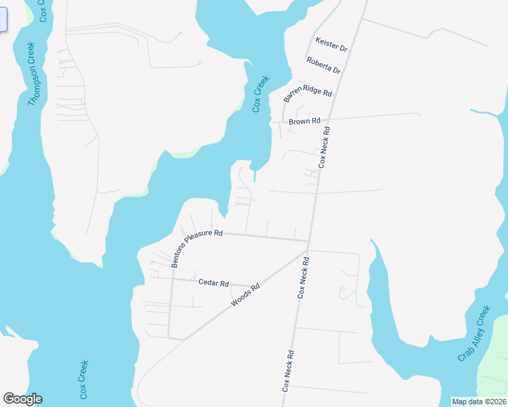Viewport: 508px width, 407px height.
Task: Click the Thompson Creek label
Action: point(35,75)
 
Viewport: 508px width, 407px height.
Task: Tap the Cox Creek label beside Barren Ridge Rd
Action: point(260,94)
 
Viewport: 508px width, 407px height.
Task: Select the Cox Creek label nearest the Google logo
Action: point(84,380)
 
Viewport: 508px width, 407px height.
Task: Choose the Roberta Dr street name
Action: point(323,65)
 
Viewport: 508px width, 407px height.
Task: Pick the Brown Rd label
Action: point(304,121)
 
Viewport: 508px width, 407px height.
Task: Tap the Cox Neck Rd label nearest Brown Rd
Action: point(324,147)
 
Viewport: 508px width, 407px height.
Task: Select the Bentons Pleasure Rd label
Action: point(197,249)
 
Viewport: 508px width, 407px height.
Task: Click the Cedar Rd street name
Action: point(213,283)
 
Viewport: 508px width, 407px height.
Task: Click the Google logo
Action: point(22,399)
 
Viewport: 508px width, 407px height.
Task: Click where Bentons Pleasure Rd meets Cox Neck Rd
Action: point(309,241)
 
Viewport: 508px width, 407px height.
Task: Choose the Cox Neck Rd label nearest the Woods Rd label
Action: point(304,278)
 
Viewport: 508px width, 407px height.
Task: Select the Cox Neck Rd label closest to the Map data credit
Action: point(289,372)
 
